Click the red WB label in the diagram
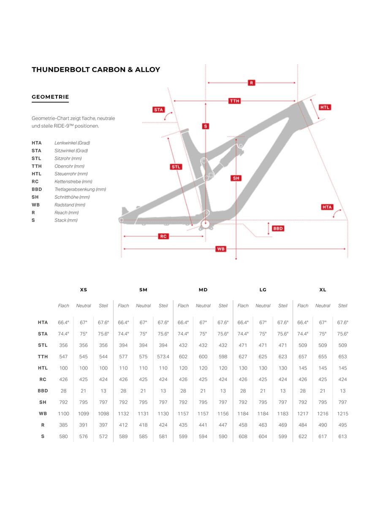221,249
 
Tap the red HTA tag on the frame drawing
327,207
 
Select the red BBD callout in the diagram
278,229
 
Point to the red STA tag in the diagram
158,110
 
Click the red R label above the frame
252,83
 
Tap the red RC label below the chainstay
164,237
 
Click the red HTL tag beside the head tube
325,107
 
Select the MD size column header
203,290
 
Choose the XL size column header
323,290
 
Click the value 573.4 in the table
163,357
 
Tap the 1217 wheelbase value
303,414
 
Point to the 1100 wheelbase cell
64,414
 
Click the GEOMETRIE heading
50,97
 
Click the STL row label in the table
43,345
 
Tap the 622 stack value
303,436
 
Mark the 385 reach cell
64,425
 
